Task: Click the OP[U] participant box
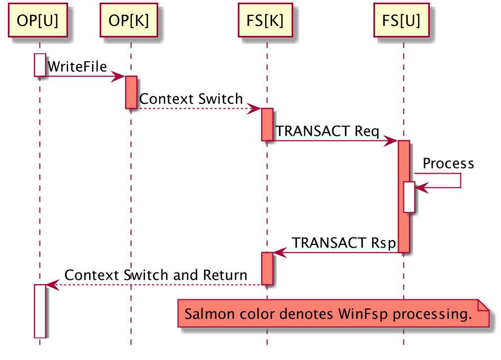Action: pyautogui.click(x=37, y=21)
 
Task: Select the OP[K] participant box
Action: pyautogui.click(x=129, y=21)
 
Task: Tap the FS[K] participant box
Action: pyautogui.click(x=265, y=21)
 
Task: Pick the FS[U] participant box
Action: pyautogui.click(x=401, y=21)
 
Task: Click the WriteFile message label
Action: pyautogui.click(x=77, y=67)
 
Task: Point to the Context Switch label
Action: pyautogui.click(x=191, y=99)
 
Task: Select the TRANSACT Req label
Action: pyautogui.click(x=327, y=131)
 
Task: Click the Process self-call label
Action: pyautogui.click(x=448, y=164)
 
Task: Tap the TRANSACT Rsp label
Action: pyautogui.click(x=344, y=243)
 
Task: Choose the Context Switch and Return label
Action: pyautogui.click(x=156, y=276)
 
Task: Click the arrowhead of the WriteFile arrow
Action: pyautogui.click(x=119, y=77)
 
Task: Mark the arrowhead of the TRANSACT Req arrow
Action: pyautogui.click(x=392, y=141)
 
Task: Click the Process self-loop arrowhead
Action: pyautogui.click(x=422, y=187)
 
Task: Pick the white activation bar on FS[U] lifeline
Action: pyautogui.click(x=409, y=197)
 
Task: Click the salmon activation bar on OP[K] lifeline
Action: pyautogui.click(x=131, y=92)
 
